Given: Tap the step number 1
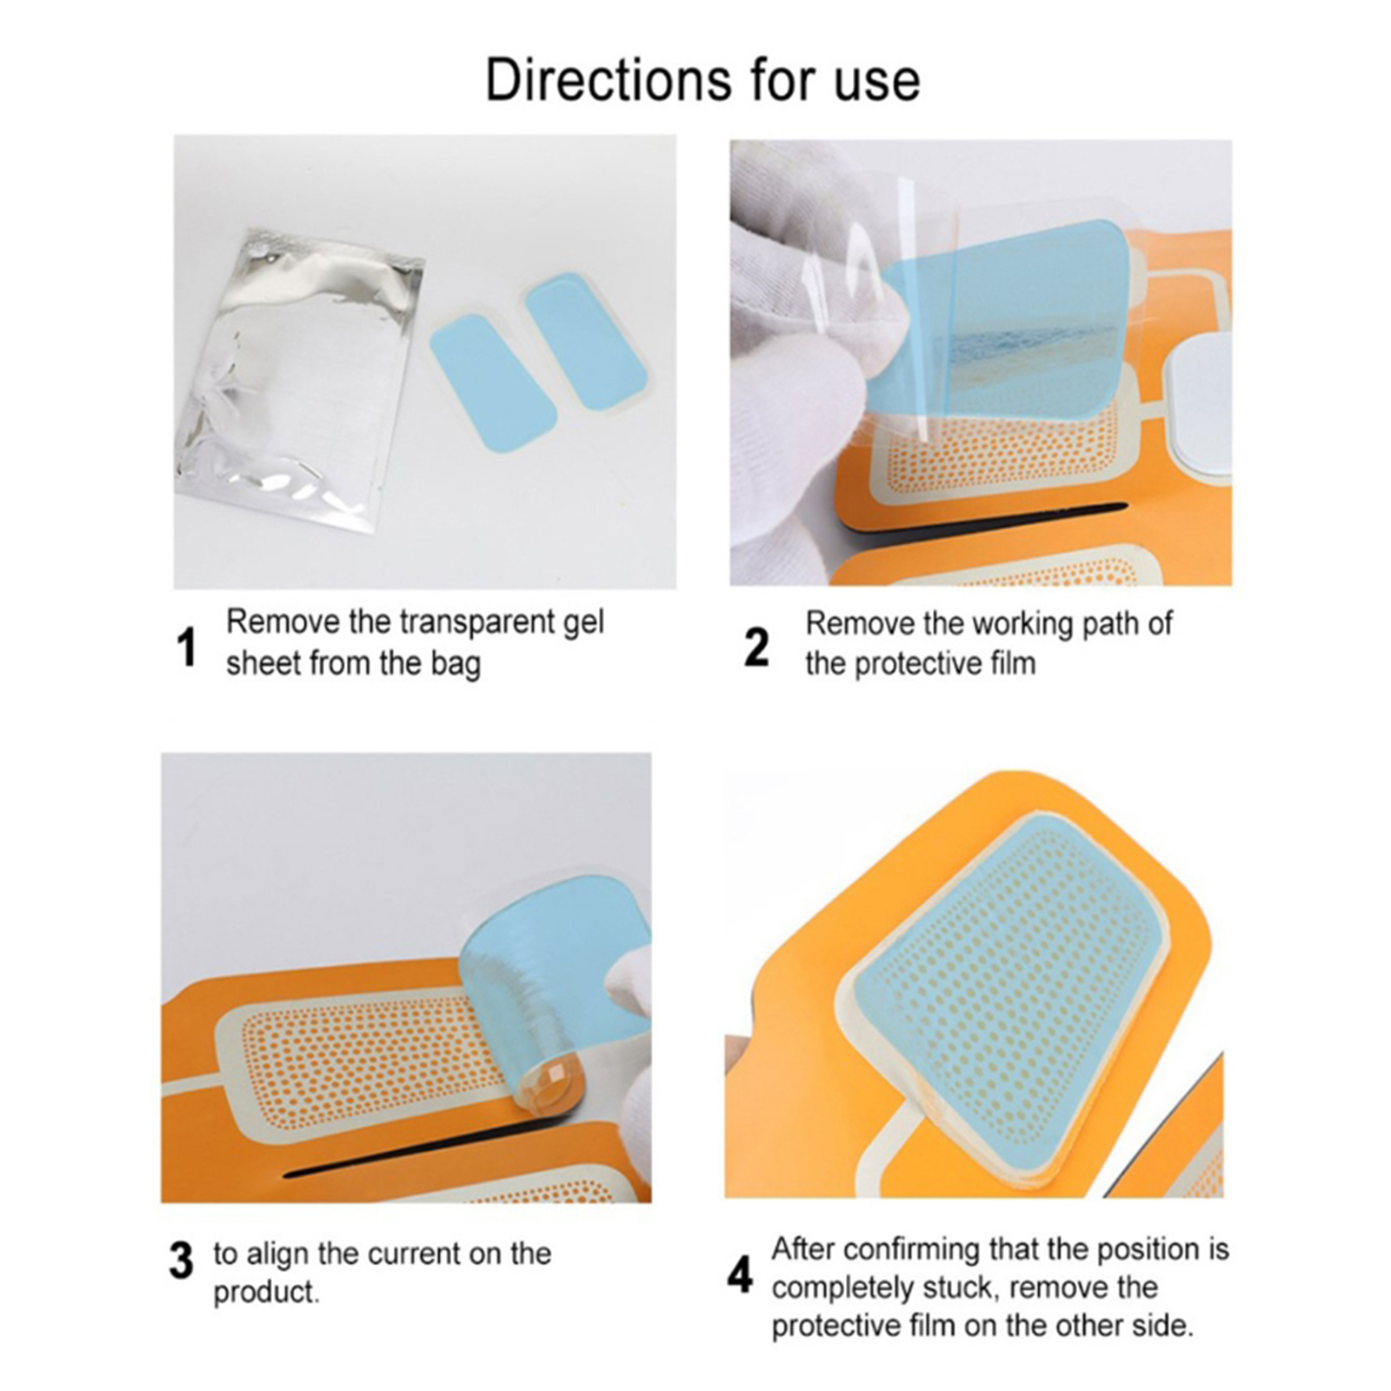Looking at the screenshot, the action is (x=186, y=648).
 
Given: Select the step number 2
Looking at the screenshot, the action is (x=756, y=648).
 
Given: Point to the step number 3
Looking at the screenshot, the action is (x=181, y=1261).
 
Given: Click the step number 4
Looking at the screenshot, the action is (x=740, y=1276).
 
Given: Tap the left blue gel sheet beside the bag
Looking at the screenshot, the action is (x=493, y=383).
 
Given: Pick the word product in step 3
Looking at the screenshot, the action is (x=264, y=1293).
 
